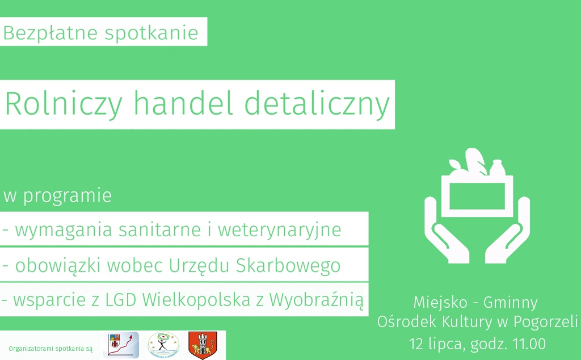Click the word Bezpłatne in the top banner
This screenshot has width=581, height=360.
[x=50, y=33]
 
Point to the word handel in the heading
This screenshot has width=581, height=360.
[x=183, y=103]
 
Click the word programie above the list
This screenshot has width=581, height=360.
[x=68, y=196]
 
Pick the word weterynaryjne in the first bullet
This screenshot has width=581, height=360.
[x=279, y=230]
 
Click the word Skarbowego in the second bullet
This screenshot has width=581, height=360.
[x=288, y=266]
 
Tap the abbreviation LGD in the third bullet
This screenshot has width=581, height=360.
[x=121, y=300]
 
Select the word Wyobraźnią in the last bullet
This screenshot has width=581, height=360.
[x=316, y=300]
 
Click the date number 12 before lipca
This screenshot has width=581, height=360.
[x=416, y=344]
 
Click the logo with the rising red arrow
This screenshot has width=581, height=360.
[x=121, y=345]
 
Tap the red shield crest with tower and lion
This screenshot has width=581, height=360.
[x=203, y=345]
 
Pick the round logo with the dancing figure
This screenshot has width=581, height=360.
[x=163, y=345]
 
